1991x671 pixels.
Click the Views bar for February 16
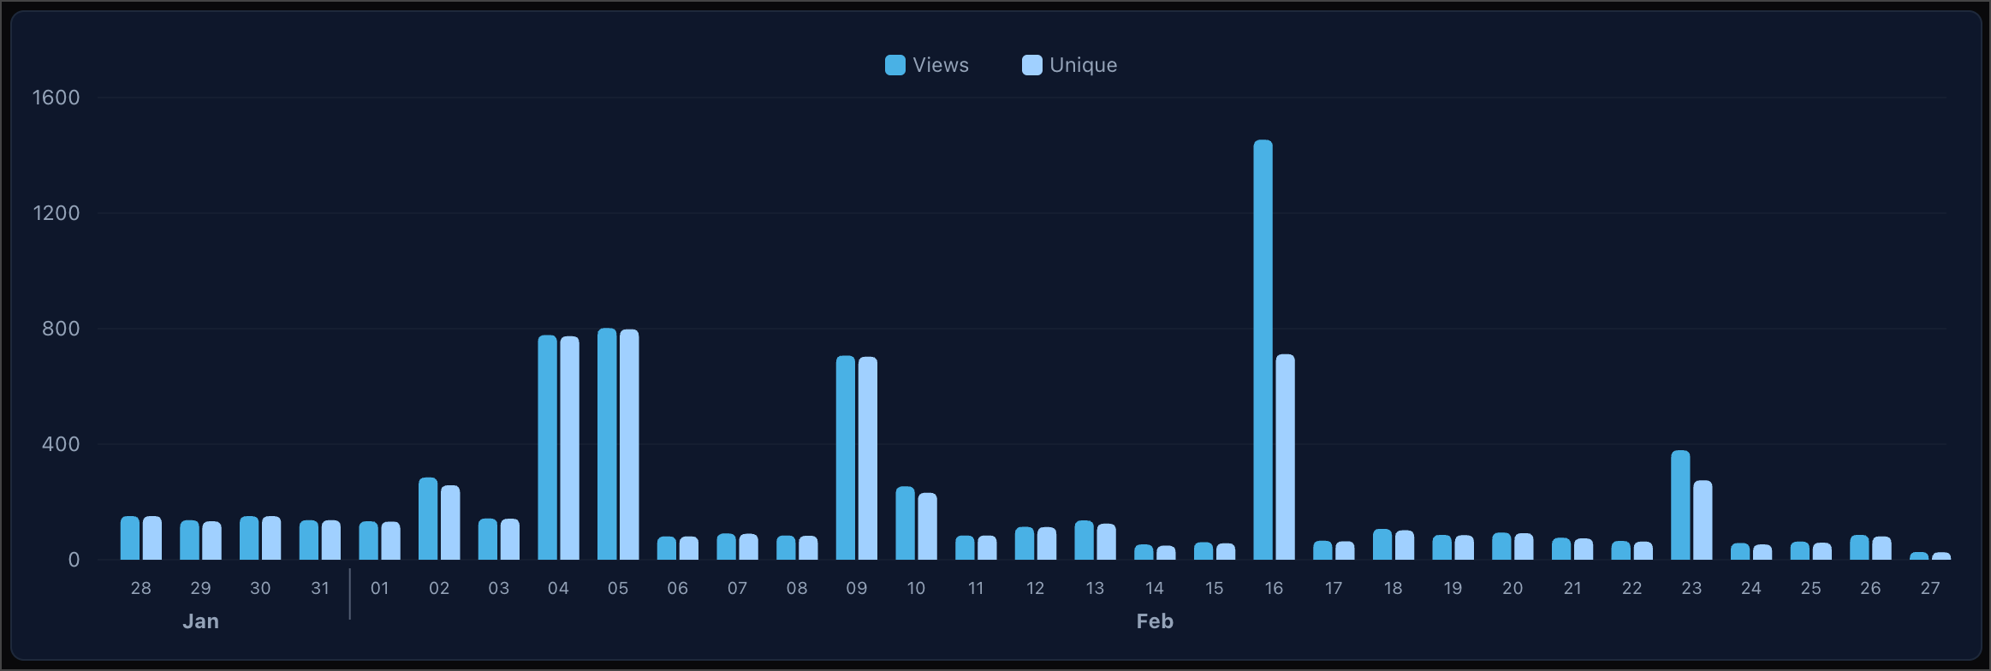coord(1263,351)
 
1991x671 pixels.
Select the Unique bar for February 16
coord(1285,458)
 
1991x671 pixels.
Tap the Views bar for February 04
coord(547,448)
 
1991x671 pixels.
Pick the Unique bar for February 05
coord(629,445)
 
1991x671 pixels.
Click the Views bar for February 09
coord(846,458)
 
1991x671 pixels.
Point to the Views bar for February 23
coord(1680,505)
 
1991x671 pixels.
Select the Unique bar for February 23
coord(1703,520)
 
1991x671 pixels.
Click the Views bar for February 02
coord(428,519)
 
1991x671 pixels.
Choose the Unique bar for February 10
coord(927,526)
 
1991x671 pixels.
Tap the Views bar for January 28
coord(130,538)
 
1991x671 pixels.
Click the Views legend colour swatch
coord(895,65)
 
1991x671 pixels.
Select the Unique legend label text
coord(1083,65)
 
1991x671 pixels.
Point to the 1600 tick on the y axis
coord(56,98)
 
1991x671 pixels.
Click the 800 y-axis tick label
coord(61,329)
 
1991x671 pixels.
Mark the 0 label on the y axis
coord(74,560)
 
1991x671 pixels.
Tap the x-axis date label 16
coord(1274,588)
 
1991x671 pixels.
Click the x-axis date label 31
coord(320,588)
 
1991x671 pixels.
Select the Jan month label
coord(200,621)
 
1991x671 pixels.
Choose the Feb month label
coord(1155,621)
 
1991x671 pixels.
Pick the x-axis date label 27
coord(1929,588)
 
